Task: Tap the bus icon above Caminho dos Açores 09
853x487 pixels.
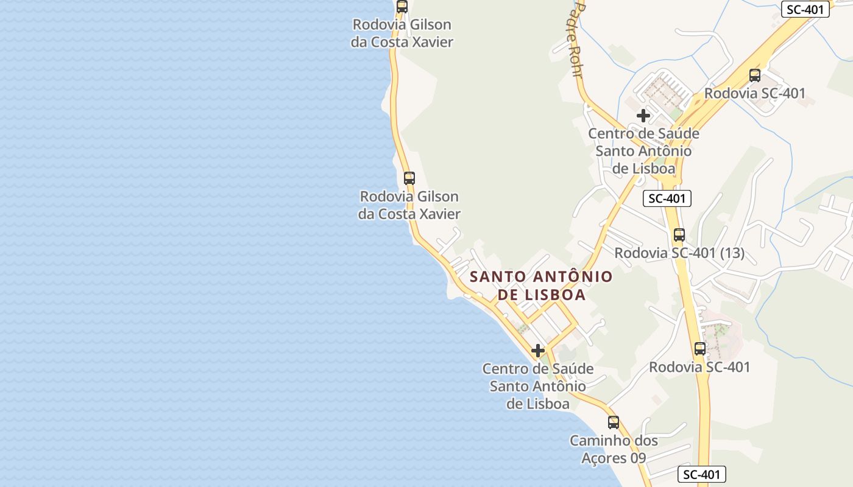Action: pyautogui.click(x=614, y=422)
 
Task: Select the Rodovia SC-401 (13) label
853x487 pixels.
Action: pyautogui.click(x=679, y=253)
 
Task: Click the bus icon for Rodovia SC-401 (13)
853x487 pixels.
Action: pyautogui.click(x=679, y=234)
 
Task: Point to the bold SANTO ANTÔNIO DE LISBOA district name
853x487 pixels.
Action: pyautogui.click(x=541, y=286)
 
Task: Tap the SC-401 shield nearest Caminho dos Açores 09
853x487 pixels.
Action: pyautogui.click(x=702, y=475)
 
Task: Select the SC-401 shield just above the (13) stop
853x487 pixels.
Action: pyautogui.click(x=667, y=198)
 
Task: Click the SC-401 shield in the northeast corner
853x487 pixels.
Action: pyautogui.click(x=805, y=9)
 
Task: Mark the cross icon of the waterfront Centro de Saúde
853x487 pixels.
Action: pyautogui.click(x=538, y=351)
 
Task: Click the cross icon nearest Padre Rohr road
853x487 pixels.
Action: pyautogui.click(x=643, y=115)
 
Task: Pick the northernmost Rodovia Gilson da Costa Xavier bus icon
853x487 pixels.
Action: pyautogui.click(x=402, y=7)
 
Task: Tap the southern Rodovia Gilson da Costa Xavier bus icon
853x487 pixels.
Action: pyautogui.click(x=409, y=178)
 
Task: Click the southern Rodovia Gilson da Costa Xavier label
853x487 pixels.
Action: pyautogui.click(x=409, y=205)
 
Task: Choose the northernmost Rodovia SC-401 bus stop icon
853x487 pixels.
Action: pyautogui.click(x=755, y=75)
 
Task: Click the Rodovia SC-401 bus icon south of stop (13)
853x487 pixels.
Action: pyautogui.click(x=700, y=349)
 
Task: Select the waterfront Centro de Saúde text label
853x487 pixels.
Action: pyautogui.click(x=538, y=386)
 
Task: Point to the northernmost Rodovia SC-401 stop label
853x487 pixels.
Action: pyautogui.click(x=754, y=93)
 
